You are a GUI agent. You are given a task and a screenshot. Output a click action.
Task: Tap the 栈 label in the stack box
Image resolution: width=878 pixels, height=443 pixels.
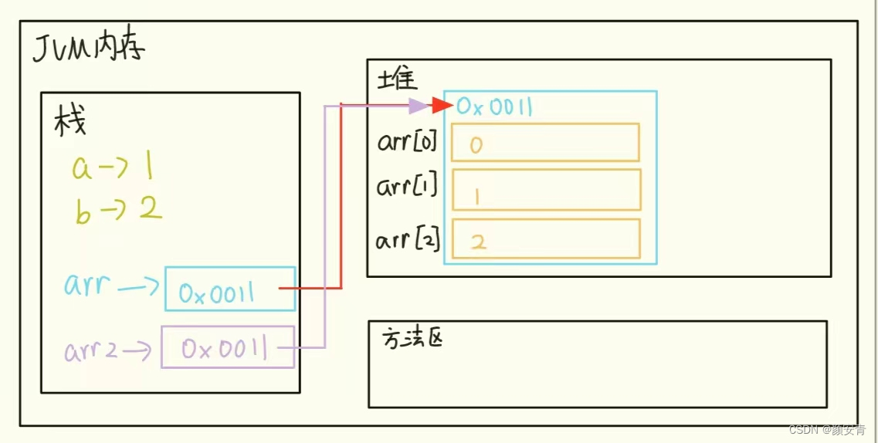tap(70, 121)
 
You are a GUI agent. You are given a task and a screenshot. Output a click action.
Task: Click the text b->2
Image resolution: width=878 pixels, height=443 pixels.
tap(118, 210)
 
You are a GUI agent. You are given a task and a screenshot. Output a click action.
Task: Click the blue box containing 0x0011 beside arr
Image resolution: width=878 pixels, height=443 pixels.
tap(229, 289)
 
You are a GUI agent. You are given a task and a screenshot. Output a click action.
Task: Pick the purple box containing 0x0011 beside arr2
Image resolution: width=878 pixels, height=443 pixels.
tap(227, 347)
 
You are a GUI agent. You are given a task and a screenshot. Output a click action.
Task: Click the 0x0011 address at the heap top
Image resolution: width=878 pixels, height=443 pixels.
tap(494, 107)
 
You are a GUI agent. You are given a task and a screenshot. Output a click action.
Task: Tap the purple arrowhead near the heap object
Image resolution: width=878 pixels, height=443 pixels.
tap(418, 106)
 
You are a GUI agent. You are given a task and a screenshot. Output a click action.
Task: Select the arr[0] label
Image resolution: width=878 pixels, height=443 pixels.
tap(408, 142)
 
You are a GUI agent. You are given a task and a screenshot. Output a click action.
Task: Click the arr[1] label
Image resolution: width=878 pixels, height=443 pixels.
tap(408, 188)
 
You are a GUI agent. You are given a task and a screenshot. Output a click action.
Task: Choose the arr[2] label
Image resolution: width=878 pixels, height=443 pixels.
tap(408, 240)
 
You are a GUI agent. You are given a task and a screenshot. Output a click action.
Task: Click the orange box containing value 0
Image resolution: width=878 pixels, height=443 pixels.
tap(545, 143)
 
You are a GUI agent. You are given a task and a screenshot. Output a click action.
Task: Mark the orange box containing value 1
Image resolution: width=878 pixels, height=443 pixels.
tap(546, 190)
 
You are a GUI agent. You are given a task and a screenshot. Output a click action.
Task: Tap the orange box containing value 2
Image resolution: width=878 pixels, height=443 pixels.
tap(546, 239)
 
